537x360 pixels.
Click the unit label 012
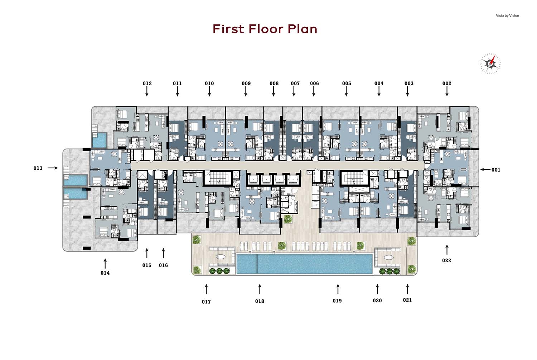[x=147, y=83]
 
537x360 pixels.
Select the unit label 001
[x=496, y=170]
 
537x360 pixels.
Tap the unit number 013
[x=38, y=168]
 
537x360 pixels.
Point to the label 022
[x=447, y=260]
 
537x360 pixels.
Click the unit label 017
[x=206, y=302]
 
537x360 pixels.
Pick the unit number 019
[x=337, y=301]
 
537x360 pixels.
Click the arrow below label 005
[x=346, y=91]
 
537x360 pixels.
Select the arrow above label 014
[x=105, y=264]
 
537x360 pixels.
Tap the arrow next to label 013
[x=53, y=168]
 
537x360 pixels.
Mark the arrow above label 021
[x=407, y=289]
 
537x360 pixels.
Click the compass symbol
[x=490, y=63]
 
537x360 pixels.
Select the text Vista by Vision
[x=508, y=16]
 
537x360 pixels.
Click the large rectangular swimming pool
[x=304, y=264]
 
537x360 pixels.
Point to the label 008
[x=274, y=83]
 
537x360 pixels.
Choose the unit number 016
[x=163, y=265]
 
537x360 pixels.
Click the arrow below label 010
[x=209, y=91]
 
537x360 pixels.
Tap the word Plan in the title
[x=303, y=29]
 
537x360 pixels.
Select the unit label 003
[x=409, y=83]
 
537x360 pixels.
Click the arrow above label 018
[x=260, y=289]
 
